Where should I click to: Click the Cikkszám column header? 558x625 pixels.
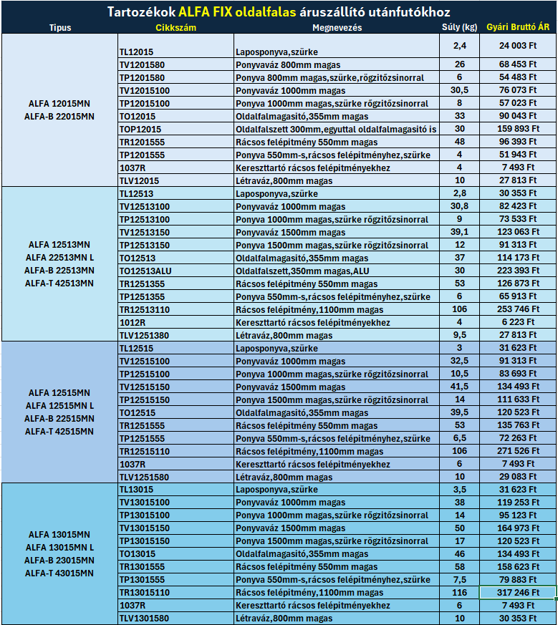175,28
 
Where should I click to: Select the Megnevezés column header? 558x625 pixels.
337,28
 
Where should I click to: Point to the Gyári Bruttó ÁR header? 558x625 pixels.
518,28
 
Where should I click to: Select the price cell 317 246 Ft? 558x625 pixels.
518,593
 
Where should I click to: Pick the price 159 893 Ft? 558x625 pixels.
518,130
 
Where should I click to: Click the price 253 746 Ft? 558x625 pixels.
518,310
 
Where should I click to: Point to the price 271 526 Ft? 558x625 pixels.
518,452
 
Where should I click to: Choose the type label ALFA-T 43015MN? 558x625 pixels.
59,573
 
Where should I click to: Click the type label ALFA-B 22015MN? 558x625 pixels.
59,116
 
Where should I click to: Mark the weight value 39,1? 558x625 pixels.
460,233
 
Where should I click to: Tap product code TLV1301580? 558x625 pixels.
145,619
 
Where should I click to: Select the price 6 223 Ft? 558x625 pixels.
518,323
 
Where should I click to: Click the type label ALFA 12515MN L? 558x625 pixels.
59,406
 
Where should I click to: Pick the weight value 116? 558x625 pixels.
460,593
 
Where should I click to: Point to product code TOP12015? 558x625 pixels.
140,130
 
